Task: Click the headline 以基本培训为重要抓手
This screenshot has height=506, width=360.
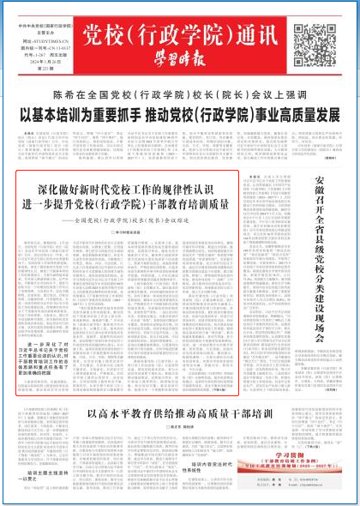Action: (x=180, y=116)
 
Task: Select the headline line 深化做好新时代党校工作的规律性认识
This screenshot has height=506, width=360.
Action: (x=127, y=188)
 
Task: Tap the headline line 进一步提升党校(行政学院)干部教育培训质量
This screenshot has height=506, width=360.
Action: (x=127, y=204)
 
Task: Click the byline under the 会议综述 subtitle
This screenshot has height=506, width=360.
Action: (x=128, y=232)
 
